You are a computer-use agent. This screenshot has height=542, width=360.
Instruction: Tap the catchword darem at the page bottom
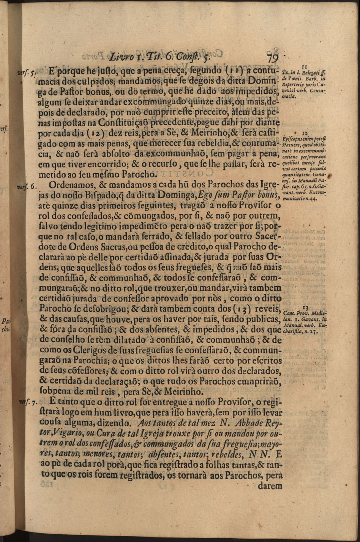(270, 485)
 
